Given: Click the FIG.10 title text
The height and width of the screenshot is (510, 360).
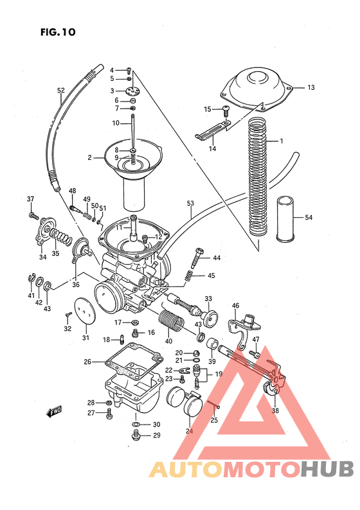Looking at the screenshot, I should click(57, 31).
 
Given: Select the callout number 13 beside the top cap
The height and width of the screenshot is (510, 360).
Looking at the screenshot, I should click(310, 87).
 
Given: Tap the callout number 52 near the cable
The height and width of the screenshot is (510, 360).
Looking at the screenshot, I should click(61, 91).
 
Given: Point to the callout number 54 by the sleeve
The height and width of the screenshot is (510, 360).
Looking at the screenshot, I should click(309, 218).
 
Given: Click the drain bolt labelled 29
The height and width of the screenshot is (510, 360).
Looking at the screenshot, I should click(135, 437).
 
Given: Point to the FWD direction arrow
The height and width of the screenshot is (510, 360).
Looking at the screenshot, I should click(54, 412).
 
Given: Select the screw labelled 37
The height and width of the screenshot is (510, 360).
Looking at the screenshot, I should click(32, 214).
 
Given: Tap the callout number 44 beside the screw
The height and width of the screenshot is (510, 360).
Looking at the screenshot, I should click(217, 258).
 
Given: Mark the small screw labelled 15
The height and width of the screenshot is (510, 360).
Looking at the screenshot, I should click(226, 110).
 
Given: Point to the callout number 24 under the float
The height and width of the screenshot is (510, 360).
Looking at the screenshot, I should click(190, 432).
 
